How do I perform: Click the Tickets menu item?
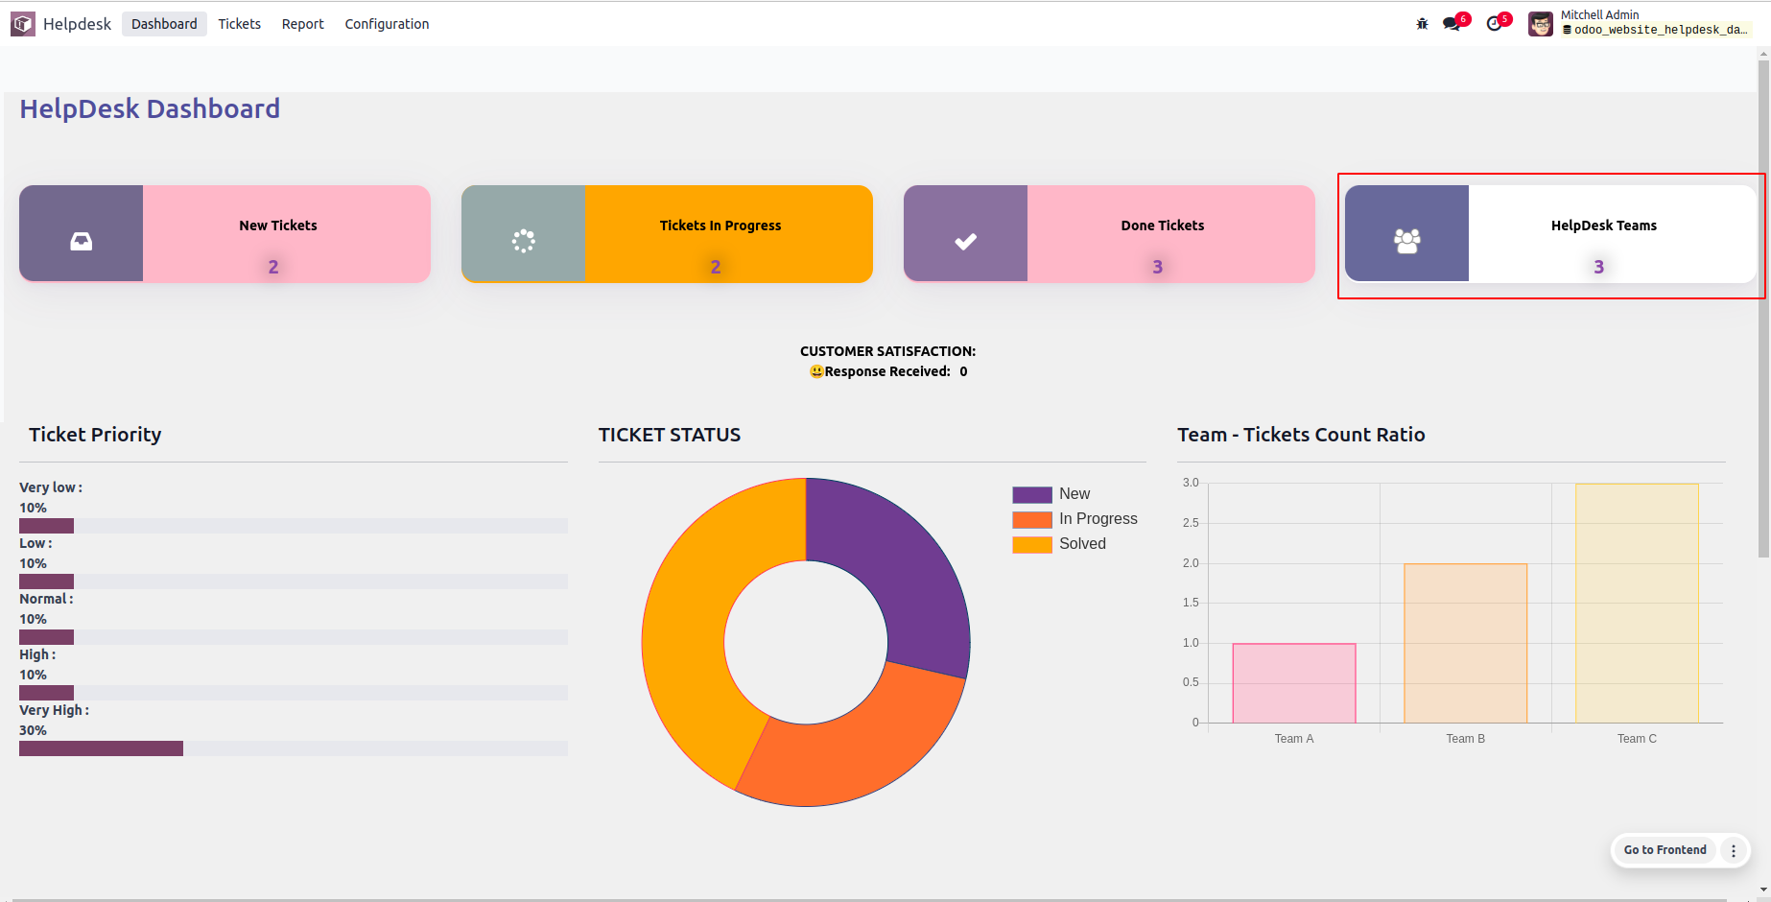239,24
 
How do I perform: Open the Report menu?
302,24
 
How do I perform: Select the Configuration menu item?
387,24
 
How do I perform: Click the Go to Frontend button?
1665,850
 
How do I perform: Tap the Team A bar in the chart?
1293,683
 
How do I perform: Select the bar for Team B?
1465,643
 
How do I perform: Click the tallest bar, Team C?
1637,603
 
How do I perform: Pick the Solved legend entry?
1081,544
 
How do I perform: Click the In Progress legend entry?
1098,519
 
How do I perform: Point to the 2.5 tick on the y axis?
1191,523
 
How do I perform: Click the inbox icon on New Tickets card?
82,241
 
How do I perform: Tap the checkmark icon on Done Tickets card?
965,241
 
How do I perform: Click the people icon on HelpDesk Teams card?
1406,241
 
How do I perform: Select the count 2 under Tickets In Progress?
716,267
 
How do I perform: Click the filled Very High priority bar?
101,748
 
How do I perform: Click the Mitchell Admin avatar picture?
1541,24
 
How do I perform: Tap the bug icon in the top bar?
1422,24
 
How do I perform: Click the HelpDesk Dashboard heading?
150,108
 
